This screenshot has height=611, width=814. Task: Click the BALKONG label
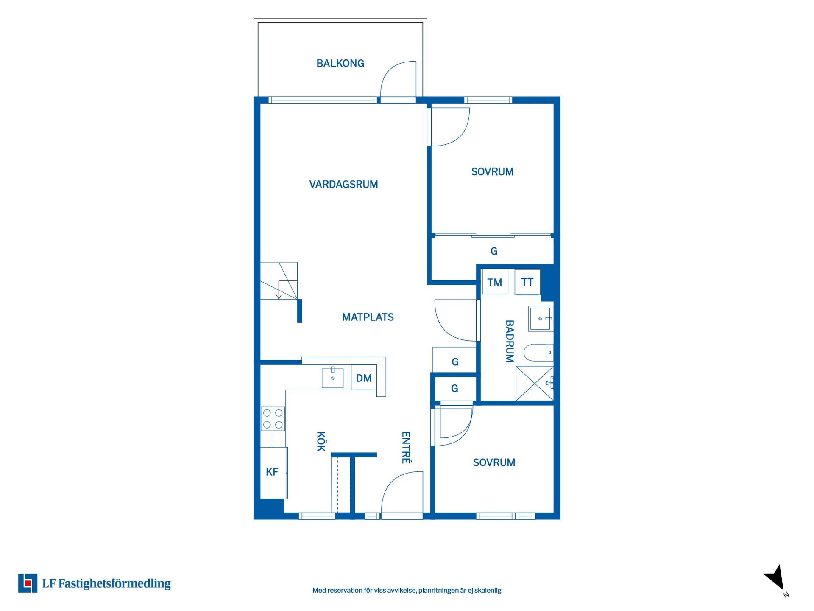click(x=340, y=63)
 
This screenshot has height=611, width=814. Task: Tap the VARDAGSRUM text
click(x=343, y=184)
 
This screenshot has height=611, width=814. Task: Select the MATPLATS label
click(x=368, y=317)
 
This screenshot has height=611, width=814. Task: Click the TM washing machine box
click(x=495, y=282)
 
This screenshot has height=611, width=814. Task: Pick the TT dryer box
click(x=527, y=282)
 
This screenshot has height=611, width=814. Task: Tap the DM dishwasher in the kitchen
click(x=364, y=377)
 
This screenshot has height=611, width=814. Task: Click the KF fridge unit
click(x=273, y=473)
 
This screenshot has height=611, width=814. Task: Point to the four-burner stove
click(x=273, y=418)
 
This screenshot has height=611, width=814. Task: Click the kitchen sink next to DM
click(x=332, y=378)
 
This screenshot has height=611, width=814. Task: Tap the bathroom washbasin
click(x=541, y=318)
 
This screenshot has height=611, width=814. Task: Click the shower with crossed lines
click(x=535, y=383)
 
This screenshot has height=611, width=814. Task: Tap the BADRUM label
click(x=509, y=341)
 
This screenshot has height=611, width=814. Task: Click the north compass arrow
click(x=775, y=578)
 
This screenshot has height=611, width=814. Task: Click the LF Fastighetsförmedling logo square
click(x=28, y=583)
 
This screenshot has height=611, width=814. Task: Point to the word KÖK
click(x=321, y=441)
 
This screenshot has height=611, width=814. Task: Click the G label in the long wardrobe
click(x=494, y=251)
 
